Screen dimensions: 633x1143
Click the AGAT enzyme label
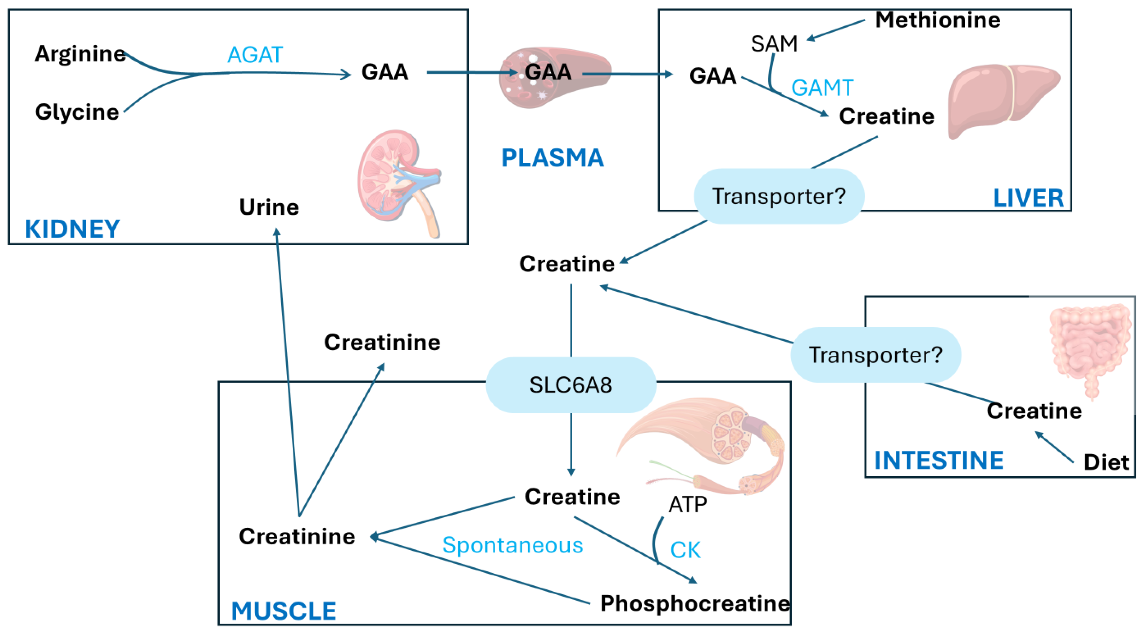[x=255, y=55]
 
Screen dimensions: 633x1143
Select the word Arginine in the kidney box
[x=80, y=54]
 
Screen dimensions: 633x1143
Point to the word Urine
[x=269, y=207]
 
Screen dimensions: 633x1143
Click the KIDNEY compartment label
[x=72, y=229]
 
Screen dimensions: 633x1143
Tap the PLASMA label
[x=552, y=158]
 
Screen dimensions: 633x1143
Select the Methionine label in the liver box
[x=937, y=20]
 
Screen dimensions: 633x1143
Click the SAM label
[x=774, y=44]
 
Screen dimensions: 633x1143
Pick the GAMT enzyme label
[x=822, y=88]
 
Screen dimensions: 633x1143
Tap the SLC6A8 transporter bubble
[x=571, y=385]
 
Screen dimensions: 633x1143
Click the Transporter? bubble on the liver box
[x=779, y=196]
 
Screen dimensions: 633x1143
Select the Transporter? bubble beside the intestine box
[x=876, y=355]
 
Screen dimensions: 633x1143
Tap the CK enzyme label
[x=685, y=550]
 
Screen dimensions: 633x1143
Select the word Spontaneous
[x=512, y=545]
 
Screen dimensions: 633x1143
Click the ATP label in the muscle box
[x=687, y=504]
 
